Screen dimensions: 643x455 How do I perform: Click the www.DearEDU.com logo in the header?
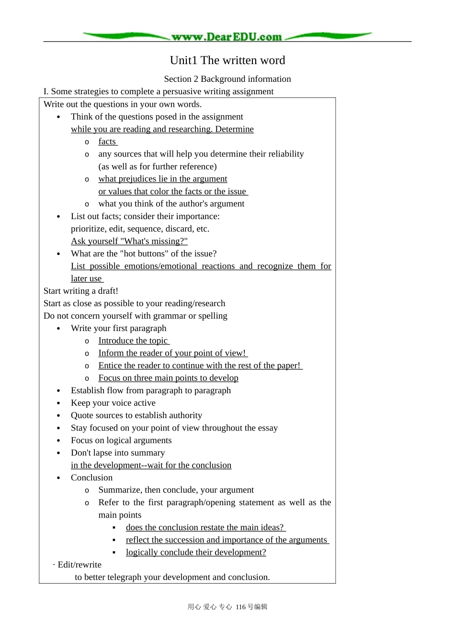click(x=227, y=37)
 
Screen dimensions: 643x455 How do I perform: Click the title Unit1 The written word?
click(x=227, y=60)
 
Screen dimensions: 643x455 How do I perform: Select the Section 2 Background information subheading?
click(x=227, y=79)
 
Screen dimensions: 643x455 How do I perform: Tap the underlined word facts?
click(x=107, y=142)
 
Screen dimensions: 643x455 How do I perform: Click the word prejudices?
click(x=136, y=179)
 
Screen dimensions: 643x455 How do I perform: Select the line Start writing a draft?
click(x=80, y=291)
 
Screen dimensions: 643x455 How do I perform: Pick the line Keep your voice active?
click(x=113, y=403)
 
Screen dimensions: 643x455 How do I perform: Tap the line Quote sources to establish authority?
click(x=136, y=415)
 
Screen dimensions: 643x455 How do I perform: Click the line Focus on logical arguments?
click(x=121, y=440)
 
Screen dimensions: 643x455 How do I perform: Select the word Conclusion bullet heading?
click(x=91, y=477)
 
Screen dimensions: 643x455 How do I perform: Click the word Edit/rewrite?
click(x=80, y=565)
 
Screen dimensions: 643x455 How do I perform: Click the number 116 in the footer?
click(x=240, y=607)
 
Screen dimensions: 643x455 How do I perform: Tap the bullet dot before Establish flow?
click(x=58, y=391)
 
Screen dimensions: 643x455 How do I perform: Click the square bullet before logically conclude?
click(x=114, y=553)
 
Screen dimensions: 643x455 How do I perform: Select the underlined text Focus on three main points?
click(x=168, y=378)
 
